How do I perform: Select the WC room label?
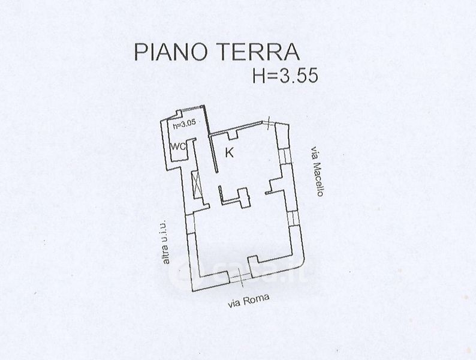click(x=177, y=146)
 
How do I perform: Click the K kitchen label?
click(x=229, y=152)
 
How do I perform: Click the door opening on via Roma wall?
click(x=240, y=276)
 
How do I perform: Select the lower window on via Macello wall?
click(x=292, y=217)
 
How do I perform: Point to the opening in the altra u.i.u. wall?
click(x=191, y=221)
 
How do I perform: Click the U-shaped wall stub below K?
click(x=234, y=196)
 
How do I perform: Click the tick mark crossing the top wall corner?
click(x=270, y=122)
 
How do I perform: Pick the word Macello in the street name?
click(x=318, y=179)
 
